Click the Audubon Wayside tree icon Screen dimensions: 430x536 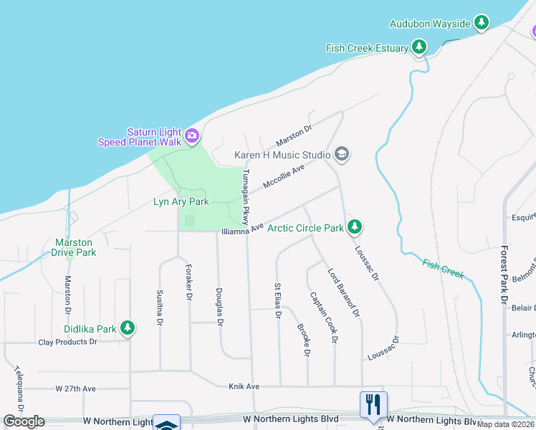482,24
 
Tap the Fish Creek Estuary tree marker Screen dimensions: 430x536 419,48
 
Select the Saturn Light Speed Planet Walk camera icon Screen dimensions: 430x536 192,135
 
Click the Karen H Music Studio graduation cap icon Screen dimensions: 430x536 342,154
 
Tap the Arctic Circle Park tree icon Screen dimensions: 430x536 354,228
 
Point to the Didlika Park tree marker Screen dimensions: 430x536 128,328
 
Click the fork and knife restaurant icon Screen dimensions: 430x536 373,405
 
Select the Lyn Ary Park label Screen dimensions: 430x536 181,202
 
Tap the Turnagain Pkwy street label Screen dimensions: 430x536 245,197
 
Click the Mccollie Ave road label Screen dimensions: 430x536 284,176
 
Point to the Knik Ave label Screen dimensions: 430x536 243,386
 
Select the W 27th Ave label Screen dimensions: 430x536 76,388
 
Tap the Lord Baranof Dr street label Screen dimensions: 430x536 343,292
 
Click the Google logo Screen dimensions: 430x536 24,421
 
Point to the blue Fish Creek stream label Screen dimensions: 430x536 444,268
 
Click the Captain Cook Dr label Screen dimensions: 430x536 322,317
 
